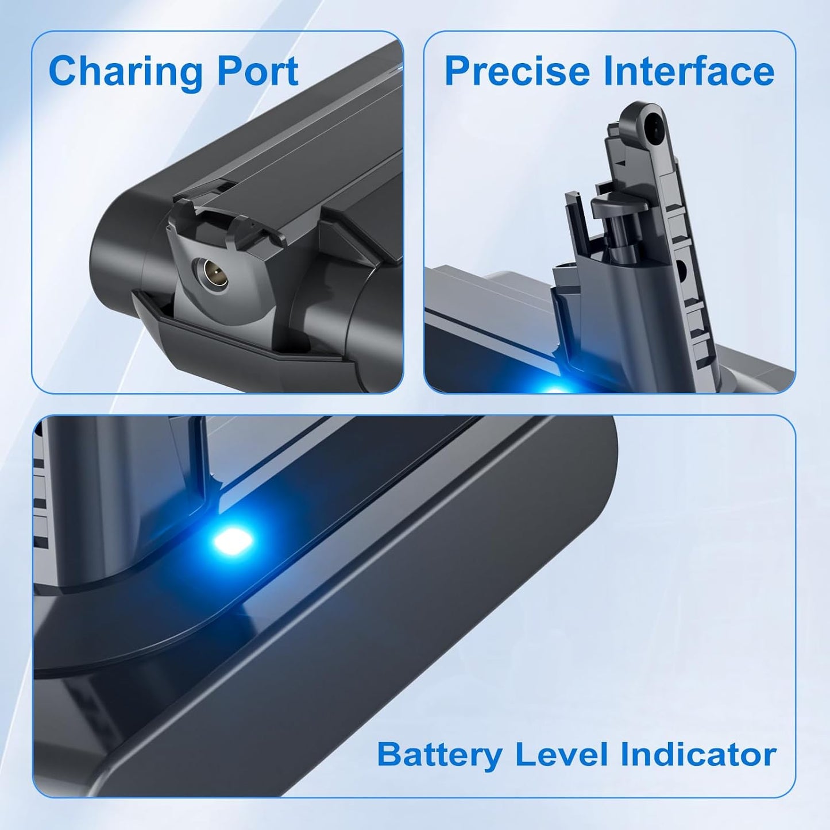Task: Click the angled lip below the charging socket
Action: (x=241, y=340)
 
